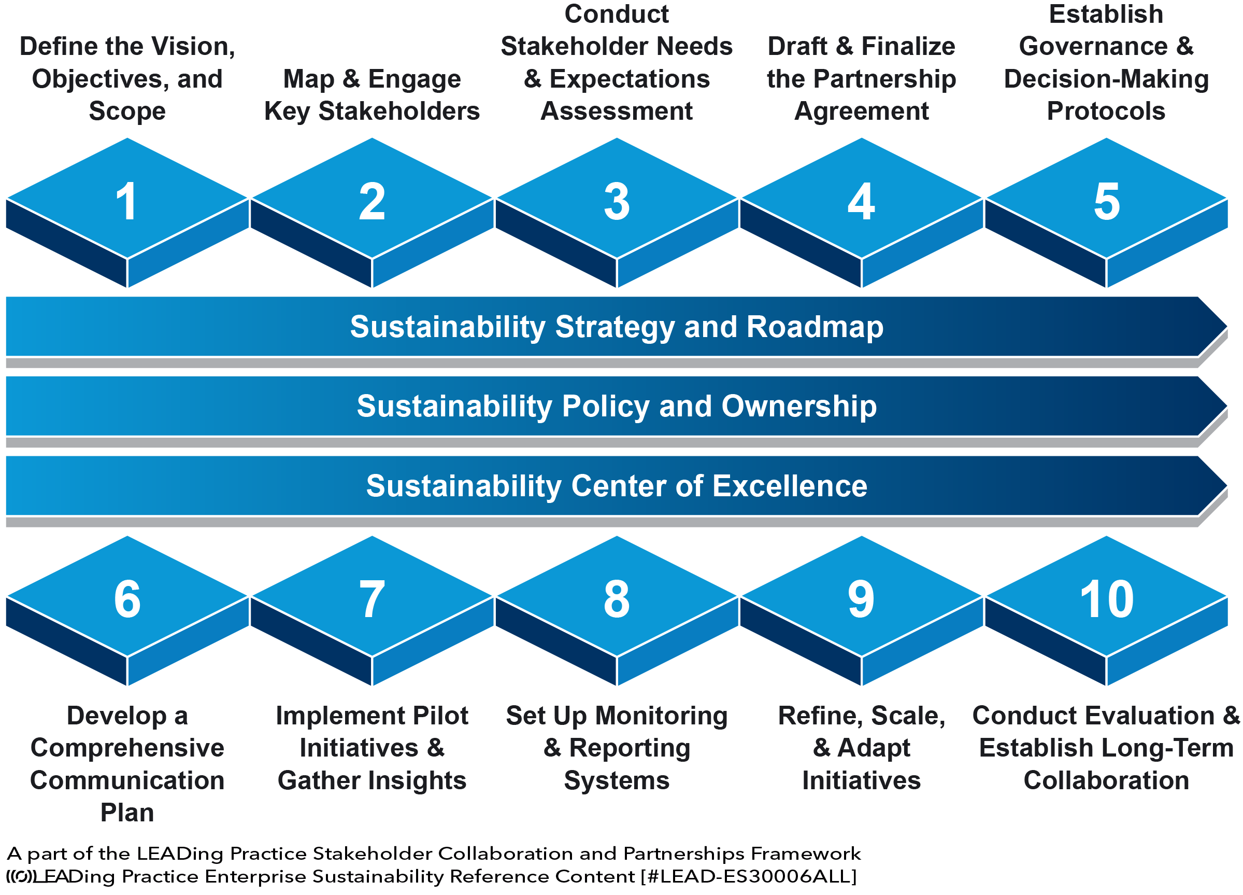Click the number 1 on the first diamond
click(126, 202)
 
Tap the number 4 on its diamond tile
click(861, 202)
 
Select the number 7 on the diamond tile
click(372, 599)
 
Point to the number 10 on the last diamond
click(1106, 599)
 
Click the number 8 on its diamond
click(617, 599)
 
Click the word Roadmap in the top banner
click(815, 327)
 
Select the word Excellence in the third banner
click(790, 486)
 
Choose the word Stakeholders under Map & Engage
click(399, 111)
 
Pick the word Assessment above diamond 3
click(617, 111)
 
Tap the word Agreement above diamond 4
click(861, 111)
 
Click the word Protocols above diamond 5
click(1106, 111)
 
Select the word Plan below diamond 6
click(126, 813)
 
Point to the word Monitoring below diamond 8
click(662, 716)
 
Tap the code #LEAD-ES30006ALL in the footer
click(749, 876)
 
